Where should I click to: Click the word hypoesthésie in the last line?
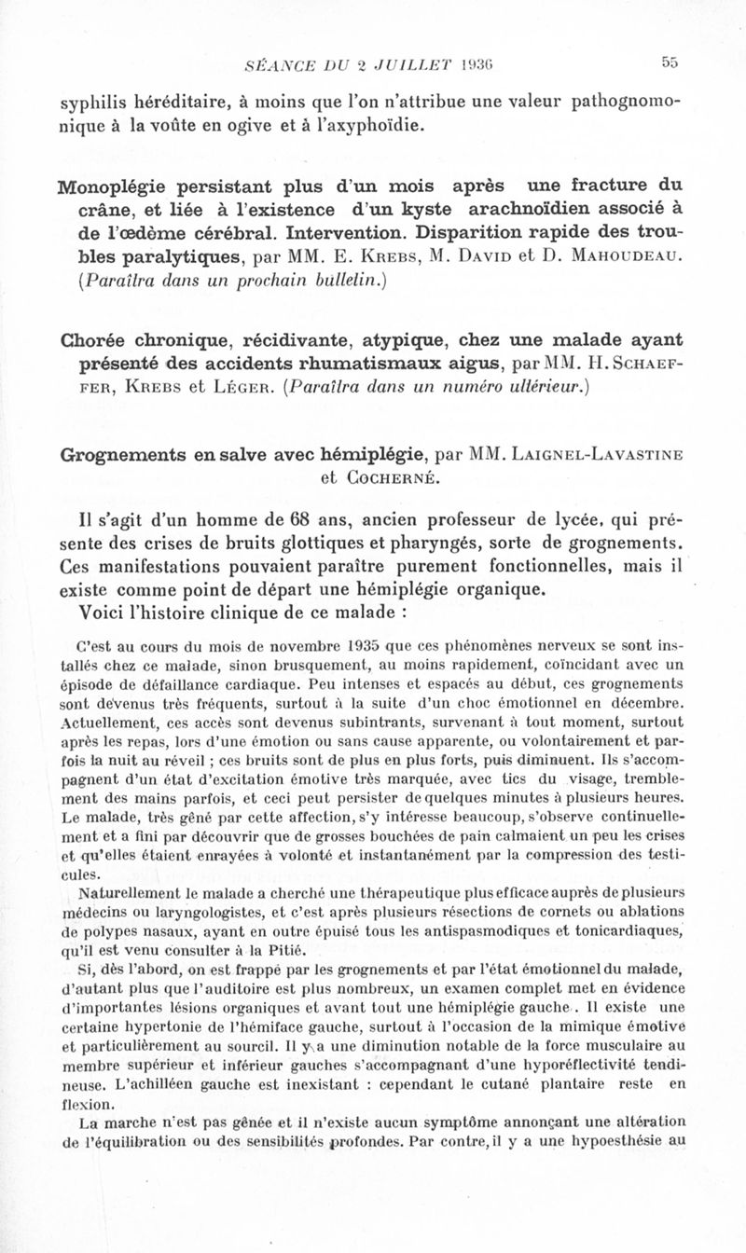[x=607, y=1138]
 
